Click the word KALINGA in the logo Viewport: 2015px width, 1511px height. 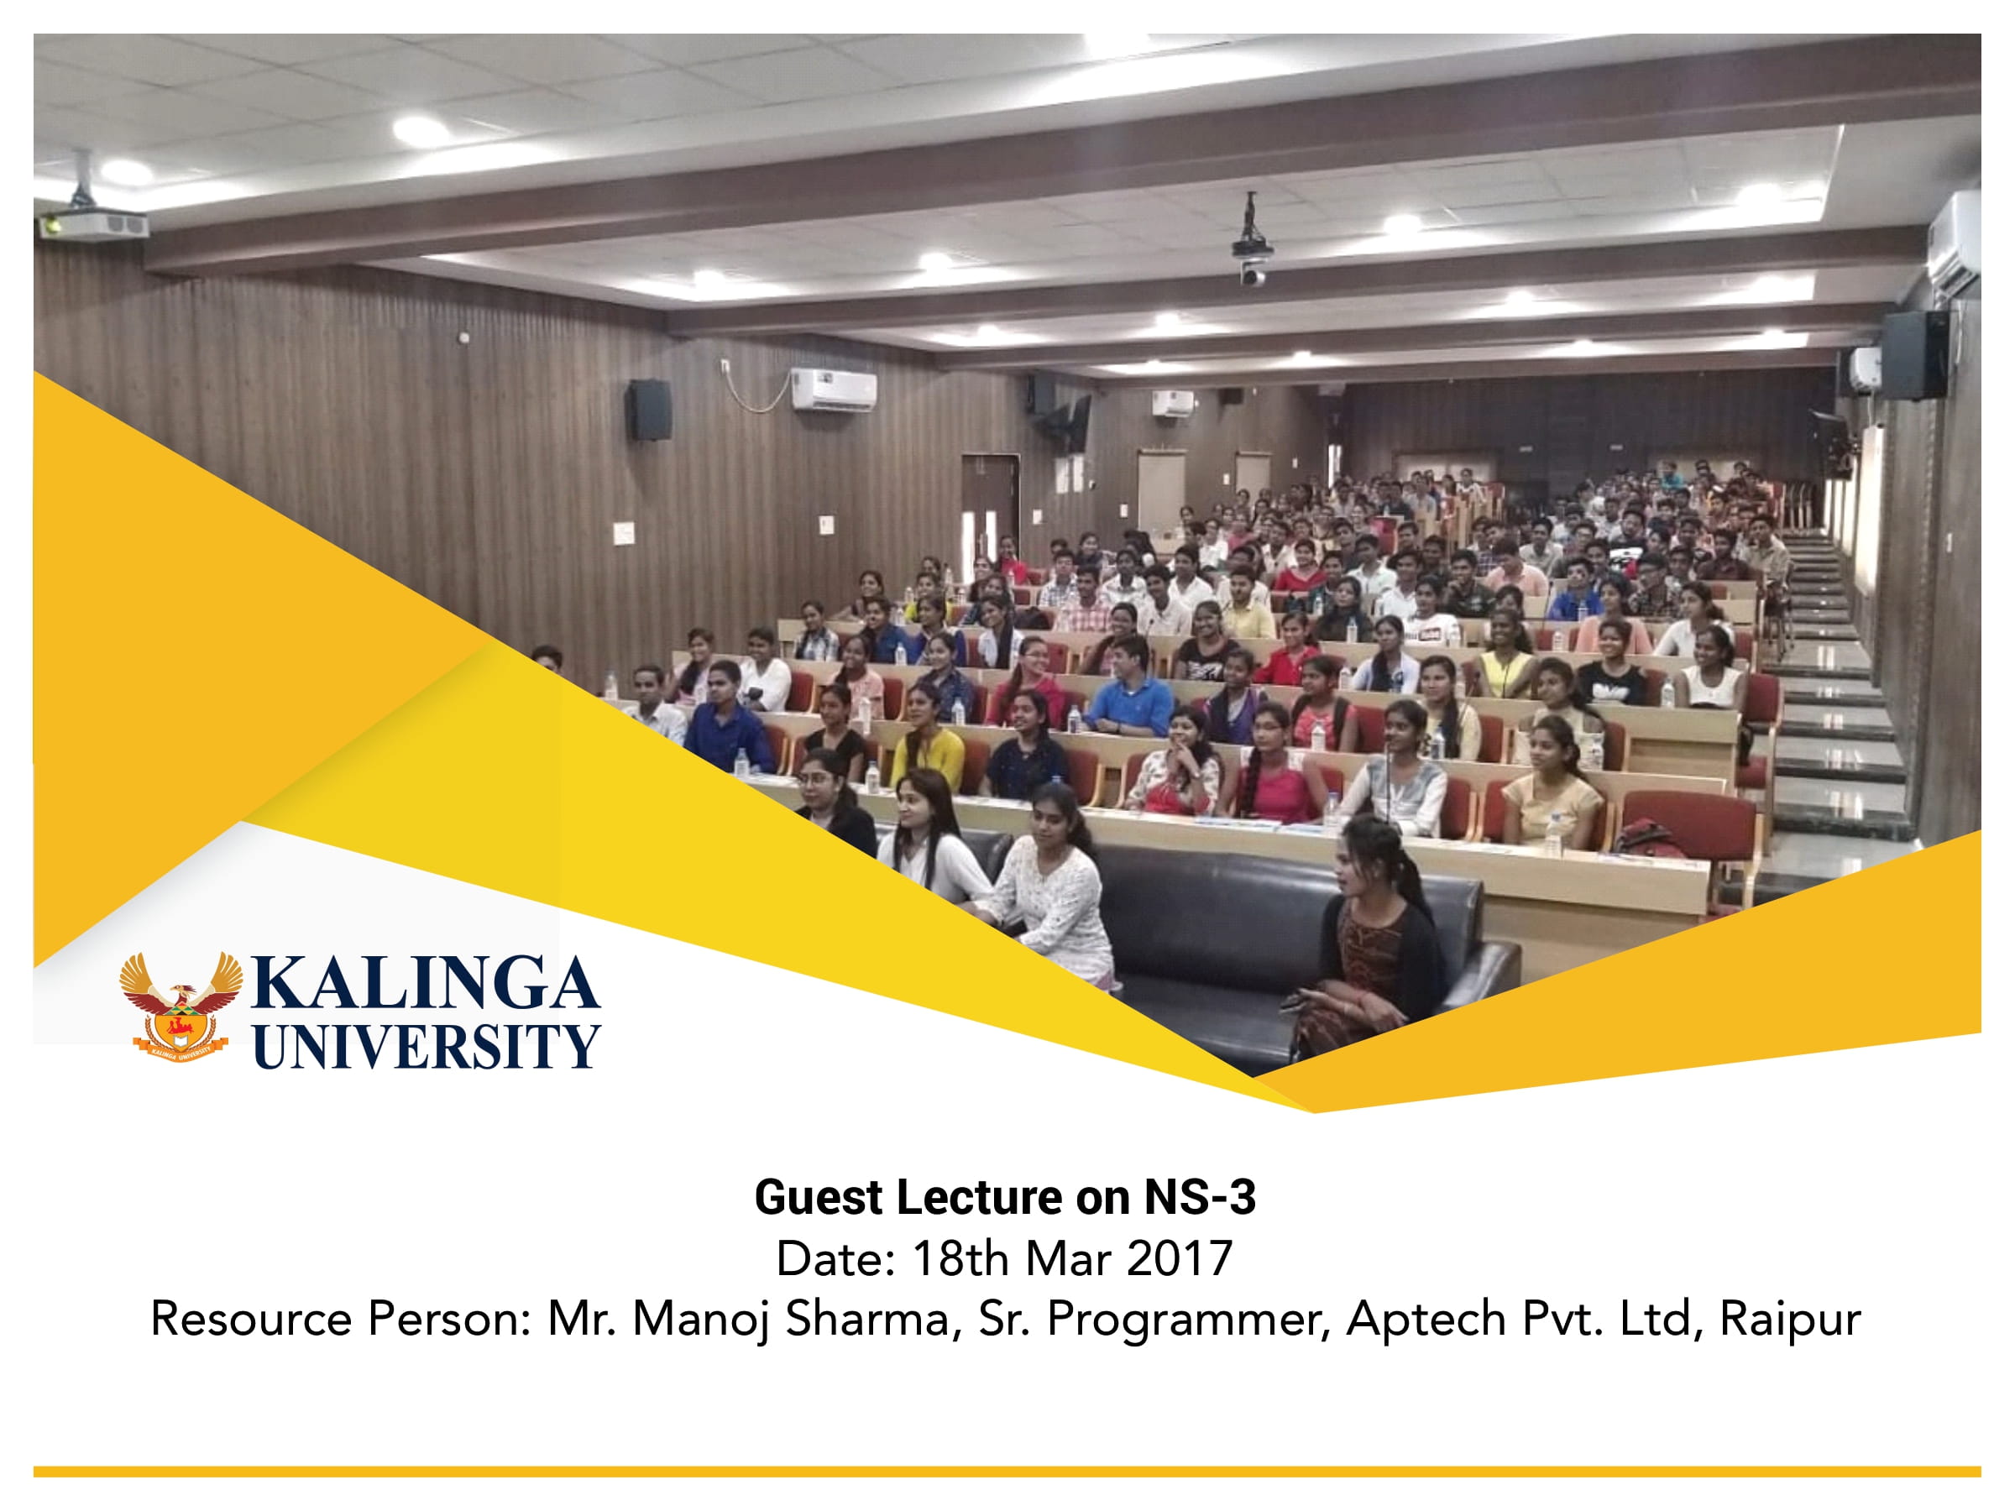(x=425, y=984)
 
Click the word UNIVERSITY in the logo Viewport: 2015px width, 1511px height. (x=427, y=1046)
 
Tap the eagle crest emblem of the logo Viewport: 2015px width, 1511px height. (x=181, y=1006)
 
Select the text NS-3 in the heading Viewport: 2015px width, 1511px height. (x=1200, y=1198)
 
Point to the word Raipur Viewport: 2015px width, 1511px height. (x=1790, y=1319)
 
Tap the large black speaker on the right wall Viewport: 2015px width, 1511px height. (x=1914, y=355)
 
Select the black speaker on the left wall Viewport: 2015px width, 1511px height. (x=650, y=410)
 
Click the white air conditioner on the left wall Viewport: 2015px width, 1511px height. (x=834, y=389)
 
